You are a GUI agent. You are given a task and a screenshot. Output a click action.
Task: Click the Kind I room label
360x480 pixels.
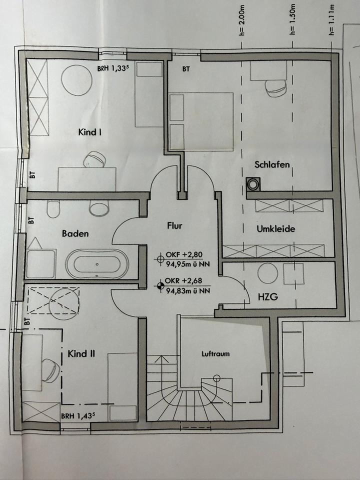89,132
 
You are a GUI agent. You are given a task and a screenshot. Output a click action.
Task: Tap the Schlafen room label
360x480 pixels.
272,164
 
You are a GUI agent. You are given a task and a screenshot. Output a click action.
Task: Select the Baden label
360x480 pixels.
75,233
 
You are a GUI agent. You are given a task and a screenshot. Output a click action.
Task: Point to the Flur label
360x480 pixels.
174,226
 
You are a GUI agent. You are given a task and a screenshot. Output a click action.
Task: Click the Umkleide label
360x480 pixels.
276,229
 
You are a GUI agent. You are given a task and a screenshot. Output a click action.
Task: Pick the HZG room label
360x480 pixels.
268,296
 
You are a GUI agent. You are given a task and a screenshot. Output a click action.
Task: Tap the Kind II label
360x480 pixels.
81,354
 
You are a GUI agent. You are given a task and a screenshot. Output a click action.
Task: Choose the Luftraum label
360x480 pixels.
215,354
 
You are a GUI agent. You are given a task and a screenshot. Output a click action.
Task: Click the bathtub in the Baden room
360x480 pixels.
97,264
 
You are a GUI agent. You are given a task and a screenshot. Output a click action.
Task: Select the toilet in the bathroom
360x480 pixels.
53,209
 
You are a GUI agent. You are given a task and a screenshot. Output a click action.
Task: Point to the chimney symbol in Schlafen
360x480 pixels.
253,184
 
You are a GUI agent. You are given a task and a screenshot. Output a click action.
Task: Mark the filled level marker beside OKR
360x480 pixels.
159,286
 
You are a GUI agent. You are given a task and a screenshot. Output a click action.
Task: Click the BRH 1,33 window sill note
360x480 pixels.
111,69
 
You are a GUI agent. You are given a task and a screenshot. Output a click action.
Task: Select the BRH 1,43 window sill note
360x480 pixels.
78,416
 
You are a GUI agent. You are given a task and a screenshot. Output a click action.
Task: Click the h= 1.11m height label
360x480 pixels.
331,20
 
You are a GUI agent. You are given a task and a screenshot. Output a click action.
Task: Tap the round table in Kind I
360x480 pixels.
76,80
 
